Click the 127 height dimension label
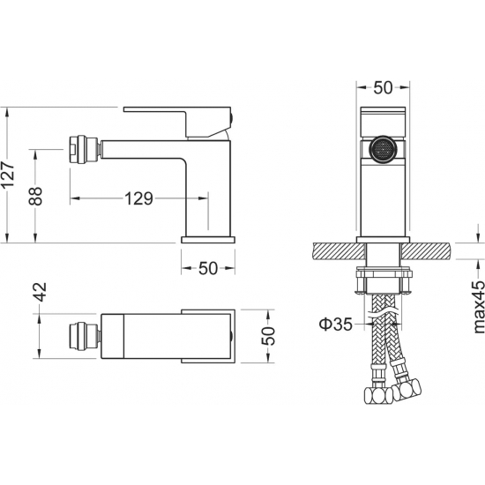pos(8,175)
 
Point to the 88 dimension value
pos(35,196)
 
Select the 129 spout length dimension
pos(138,198)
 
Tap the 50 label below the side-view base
pos(208,268)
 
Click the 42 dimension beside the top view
pos(41,292)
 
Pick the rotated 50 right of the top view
pos(268,336)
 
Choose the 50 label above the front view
pos(383,88)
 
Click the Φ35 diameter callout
pos(336,325)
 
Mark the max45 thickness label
pos(479,306)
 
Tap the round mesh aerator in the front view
pos(383,149)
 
